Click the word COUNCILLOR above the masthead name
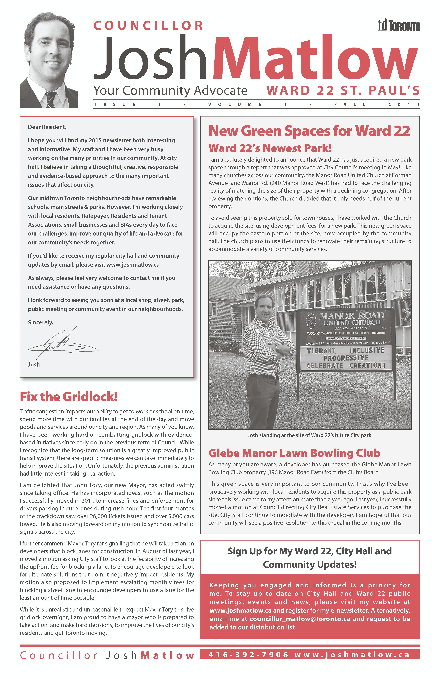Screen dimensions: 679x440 (x=148, y=26)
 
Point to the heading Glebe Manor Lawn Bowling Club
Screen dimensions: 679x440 (x=294, y=453)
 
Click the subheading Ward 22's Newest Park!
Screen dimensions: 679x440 (x=270, y=148)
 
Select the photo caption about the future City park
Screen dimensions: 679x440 (x=309, y=435)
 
